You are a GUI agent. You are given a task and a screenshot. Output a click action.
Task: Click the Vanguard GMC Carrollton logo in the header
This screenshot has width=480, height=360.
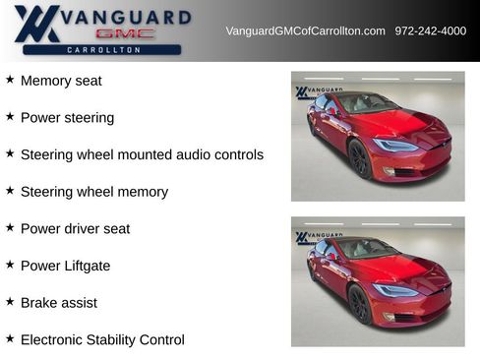[98, 30]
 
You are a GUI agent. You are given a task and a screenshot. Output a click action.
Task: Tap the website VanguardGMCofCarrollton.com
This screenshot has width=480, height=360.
[305, 31]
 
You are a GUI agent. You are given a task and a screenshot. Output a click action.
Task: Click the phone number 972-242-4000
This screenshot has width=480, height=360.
[431, 31]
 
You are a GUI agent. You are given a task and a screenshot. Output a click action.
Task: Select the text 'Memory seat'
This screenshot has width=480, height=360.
[61, 81]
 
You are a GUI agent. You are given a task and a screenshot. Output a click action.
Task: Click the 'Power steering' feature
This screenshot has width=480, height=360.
[67, 118]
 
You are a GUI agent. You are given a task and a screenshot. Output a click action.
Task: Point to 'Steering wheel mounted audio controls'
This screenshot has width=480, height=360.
[142, 154]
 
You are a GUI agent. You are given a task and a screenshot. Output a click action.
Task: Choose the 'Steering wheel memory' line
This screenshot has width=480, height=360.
[94, 192]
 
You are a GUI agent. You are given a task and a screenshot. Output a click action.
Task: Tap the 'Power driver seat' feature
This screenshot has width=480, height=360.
[75, 229]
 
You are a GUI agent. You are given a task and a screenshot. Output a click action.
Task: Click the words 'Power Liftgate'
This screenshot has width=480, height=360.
[65, 266]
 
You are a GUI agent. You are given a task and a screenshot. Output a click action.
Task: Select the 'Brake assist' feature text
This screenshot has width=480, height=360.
[59, 303]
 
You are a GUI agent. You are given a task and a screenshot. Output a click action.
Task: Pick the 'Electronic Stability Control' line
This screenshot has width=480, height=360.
[102, 340]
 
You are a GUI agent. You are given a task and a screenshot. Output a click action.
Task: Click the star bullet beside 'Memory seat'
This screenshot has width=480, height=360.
[10, 80]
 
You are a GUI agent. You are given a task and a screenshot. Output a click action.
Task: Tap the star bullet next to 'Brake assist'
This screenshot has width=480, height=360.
[10, 302]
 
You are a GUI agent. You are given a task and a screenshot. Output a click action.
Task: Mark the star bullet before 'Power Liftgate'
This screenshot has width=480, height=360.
[10, 265]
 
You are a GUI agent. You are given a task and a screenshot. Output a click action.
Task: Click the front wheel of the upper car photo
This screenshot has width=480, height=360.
[359, 159]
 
